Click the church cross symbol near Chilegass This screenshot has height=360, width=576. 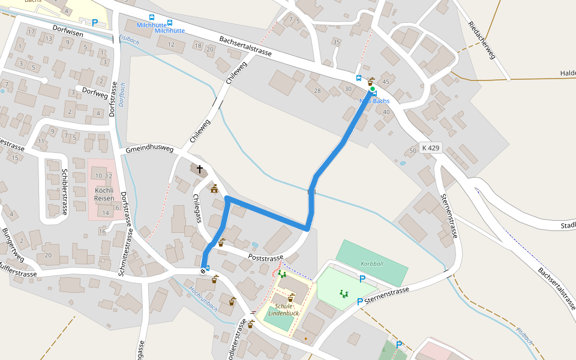199,170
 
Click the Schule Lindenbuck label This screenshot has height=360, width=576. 280,310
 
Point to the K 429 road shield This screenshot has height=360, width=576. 431,147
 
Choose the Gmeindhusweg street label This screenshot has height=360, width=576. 149,149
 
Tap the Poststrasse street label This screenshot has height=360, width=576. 265,258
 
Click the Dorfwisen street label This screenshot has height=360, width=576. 68,34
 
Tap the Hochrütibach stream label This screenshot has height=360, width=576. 203,298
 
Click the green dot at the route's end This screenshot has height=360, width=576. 372,89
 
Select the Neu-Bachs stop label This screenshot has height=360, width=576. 374,101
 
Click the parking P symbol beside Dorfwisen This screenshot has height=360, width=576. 95,23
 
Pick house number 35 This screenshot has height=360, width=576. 336,42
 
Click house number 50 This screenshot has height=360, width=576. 412,150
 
